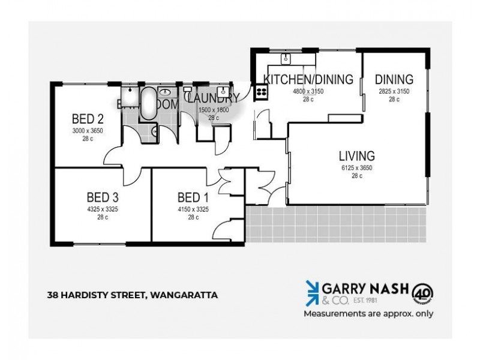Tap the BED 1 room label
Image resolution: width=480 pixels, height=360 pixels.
193,197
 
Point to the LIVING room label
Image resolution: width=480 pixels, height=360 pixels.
357,156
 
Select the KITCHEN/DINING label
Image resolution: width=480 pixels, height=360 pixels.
308,79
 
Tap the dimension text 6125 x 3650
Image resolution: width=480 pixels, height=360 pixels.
357,168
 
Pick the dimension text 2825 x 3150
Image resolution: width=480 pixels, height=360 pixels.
394,91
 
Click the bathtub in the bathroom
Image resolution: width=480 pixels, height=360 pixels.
148,104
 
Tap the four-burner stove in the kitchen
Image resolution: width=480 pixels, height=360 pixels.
262,92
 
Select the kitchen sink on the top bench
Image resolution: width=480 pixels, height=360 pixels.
286,58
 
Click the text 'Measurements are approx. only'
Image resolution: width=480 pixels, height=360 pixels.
368,313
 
